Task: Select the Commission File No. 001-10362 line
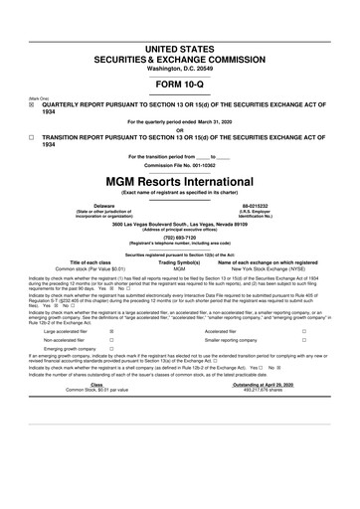coord(179,164)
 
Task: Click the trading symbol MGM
coord(179,268)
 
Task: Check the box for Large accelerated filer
coord(110,360)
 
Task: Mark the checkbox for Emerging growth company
coord(110,379)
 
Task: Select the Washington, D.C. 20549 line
coord(179,41)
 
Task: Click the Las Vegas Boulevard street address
coord(179,224)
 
